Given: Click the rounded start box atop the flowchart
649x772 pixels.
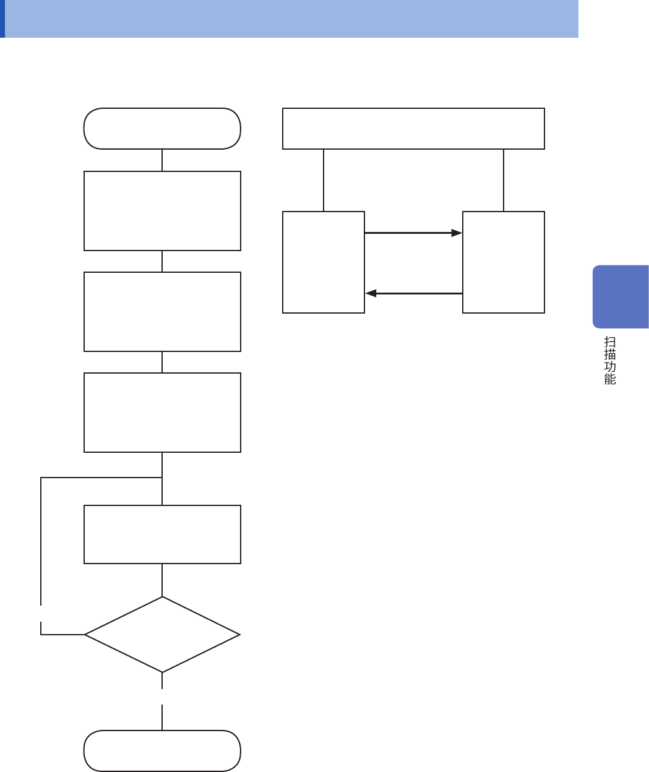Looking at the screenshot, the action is click(162, 129).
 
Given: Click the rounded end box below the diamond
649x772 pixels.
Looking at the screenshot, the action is click(162, 750).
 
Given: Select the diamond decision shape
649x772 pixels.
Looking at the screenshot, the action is click(162, 635).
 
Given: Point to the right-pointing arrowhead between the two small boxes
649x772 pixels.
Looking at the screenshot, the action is click(457, 233).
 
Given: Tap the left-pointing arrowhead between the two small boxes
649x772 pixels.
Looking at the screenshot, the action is click(371, 293).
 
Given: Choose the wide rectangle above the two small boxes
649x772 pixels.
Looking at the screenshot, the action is click(413, 129).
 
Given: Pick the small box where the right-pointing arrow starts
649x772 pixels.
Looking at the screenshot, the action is click(324, 262).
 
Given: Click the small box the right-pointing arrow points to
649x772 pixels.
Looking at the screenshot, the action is click(504, 262).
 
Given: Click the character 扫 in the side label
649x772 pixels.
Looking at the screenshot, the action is click(610, 342).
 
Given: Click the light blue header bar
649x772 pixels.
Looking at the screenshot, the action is click(291, 19).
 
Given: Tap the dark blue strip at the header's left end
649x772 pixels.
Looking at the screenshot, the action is click(2, 19).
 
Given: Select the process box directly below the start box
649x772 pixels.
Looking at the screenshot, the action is click(162, 211).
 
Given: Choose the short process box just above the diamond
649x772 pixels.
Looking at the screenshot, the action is click(162, 534).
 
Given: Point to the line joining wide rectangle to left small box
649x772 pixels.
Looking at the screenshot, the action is click(324, 180).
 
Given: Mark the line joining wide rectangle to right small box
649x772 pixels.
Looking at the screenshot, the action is click(504, 180).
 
